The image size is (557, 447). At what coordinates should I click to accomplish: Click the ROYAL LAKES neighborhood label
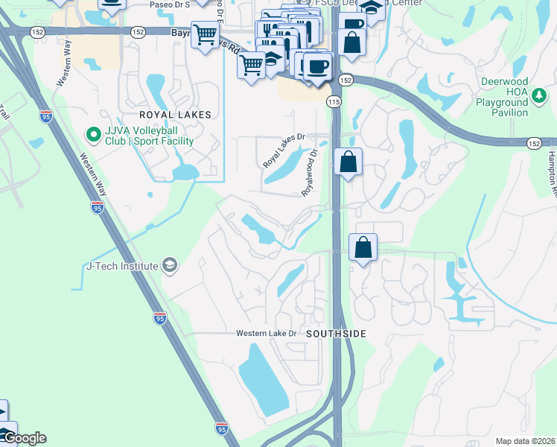pyautogui.click(x=175, y=115)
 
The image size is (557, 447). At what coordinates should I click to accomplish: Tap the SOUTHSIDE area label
pyautogui.click(x=337, y=335)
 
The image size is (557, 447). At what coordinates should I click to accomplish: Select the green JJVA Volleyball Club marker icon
pyautogui.click(x=93, y=135)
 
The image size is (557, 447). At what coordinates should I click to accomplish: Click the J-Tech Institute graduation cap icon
pyautogui.click(x=170, y=266)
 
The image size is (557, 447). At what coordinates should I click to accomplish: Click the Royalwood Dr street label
pyautogui.click(x=310, y=172)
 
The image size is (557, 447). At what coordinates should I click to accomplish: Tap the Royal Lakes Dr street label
pyautogui.click(x=284, y=150)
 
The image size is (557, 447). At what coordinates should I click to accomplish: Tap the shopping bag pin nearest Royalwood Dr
pyautogui.click(x=348, y=162)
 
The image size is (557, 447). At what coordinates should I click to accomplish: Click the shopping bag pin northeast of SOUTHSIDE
pyautogui.click(x=363, y=247)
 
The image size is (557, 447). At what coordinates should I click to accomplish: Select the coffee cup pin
pyautogui.click(x=318, y=66)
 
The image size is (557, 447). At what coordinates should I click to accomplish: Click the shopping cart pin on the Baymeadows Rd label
pyautogui.click(x=206, y=34)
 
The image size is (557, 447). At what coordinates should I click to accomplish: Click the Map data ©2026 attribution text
pyautogui.click(x=525, y=441)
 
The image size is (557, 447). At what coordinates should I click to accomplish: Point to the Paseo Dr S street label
pyautogui.click(x=169, y=4)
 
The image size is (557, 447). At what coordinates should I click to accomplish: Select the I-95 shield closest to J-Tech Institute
pyautogui.click(x=160, y=317)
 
